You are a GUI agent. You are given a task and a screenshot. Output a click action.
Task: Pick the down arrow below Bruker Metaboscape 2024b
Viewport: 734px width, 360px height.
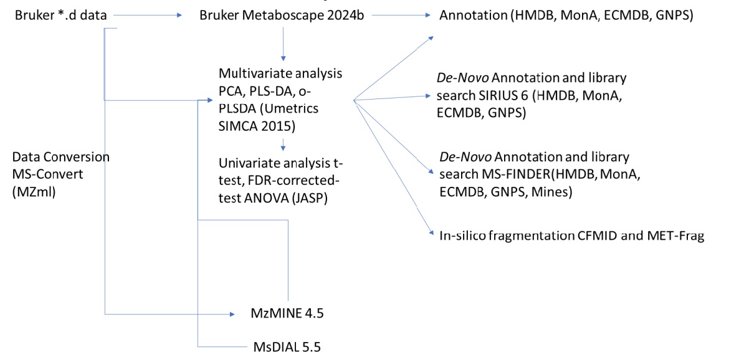pos(284,44)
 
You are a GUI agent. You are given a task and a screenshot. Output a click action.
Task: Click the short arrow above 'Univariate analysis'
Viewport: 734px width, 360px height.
pos(284,145)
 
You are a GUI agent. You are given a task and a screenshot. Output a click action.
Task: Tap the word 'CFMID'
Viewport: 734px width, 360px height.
pos(576,236)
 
